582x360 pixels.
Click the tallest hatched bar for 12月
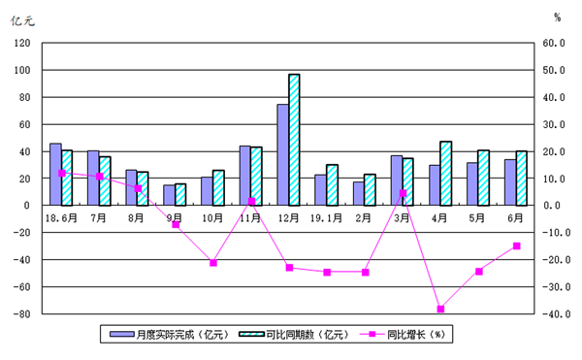(294, 140)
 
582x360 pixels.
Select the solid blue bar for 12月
(282, 154)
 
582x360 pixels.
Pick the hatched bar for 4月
(445, 174)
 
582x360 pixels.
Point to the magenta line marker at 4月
(440, 309)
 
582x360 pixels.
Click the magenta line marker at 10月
(213, 263)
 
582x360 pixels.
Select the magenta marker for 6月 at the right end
(517, 245)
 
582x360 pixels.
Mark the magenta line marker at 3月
(403, 193)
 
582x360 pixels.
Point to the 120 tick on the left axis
(21, 44)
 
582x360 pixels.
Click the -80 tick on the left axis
(21, 314)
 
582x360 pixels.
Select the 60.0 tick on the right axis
(554, 44)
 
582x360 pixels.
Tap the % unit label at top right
(558, 17)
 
